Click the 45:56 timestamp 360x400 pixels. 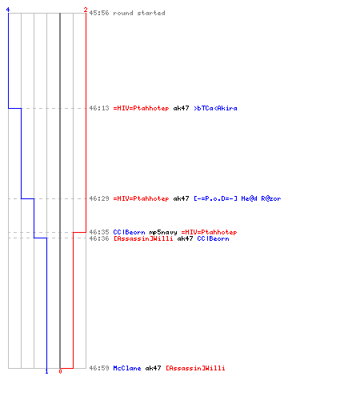coord(99,13)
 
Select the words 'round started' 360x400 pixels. coord(139,13)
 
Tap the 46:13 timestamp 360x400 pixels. coord(99,108)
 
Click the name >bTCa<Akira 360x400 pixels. coord(215,108)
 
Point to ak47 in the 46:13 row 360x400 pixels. coord(181,108)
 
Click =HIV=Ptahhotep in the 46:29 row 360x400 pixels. coord(141,198)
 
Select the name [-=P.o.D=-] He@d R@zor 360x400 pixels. coord(238,198)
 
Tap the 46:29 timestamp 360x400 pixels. coord(99,198)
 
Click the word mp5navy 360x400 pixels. coord(163,232)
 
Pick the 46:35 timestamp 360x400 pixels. coord(99,232)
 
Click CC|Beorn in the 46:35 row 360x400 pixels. coord(129,232)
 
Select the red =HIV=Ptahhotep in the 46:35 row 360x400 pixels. coord(209,232)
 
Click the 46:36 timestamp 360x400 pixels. coord(99,238)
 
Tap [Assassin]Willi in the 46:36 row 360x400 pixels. coord(143,238)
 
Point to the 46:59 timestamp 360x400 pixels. coord(99,368)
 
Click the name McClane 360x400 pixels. coord(127,368)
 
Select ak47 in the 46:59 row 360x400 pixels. coord(153,368)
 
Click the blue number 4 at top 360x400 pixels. coord(8,10)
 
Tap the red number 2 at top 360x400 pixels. coord(86,10)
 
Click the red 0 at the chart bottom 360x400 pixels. coord(60,371)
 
